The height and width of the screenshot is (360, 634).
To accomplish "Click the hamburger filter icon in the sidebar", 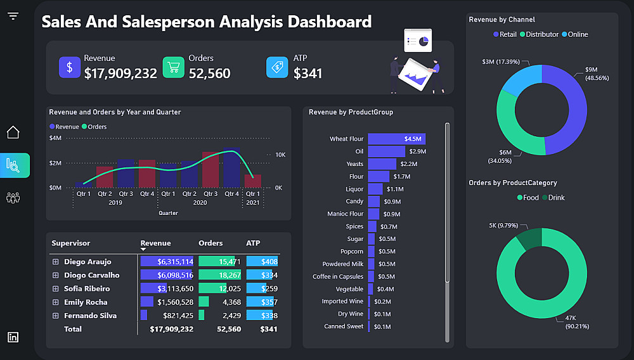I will pos(13,16).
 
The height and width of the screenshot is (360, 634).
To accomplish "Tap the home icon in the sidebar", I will pos(13,132).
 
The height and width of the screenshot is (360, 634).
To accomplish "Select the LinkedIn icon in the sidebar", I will pos(13,337).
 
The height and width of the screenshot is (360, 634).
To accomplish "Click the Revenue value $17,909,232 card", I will pos(120,74).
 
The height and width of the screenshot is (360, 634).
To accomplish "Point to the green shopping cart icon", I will pos(173,67).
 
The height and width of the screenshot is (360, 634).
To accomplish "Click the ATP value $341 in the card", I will pos(308,74).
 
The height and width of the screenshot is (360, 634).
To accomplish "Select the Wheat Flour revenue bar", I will pos(396,139).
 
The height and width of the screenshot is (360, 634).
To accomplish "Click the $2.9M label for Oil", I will pos(418,151).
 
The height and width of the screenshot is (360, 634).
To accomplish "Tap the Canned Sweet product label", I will pos(344,326).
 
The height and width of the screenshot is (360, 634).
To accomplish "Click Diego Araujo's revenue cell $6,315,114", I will pos(167,262).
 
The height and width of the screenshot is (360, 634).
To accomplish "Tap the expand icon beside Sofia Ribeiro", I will pos(56,288).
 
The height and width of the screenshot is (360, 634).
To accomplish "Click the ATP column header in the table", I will pos(253,243).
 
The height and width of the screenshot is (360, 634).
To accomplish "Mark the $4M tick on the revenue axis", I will pos(55,138).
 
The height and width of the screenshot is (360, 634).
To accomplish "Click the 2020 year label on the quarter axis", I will pos(200,203).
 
